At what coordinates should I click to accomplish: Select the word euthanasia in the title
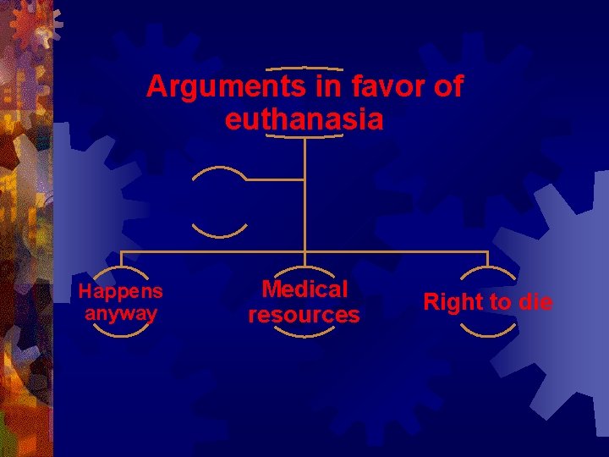pyautogui.click(x=304, y=119)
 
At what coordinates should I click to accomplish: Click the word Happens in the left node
pyautogui.click(x=120, y=292)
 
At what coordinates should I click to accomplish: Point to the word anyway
pyautogui.click(x=120, y=313)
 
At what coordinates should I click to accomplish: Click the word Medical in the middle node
pyautogui.click(x=304, y=289)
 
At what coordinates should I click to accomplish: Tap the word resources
pyautogui.click(x=304, y=316)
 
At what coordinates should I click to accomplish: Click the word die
pyautogui.click(x=535, y=302)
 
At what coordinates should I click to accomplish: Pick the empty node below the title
pyautogui.click(x=219, y=201)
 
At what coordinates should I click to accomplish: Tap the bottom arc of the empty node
pyautogui.click(x=219, y=233)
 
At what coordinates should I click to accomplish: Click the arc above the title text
pyautogui.click(x=304, y=68)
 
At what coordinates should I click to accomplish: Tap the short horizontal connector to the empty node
pyautogui.click(x=275, y=179)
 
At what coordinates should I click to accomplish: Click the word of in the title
pyautogui.click(x=449, y=87)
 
